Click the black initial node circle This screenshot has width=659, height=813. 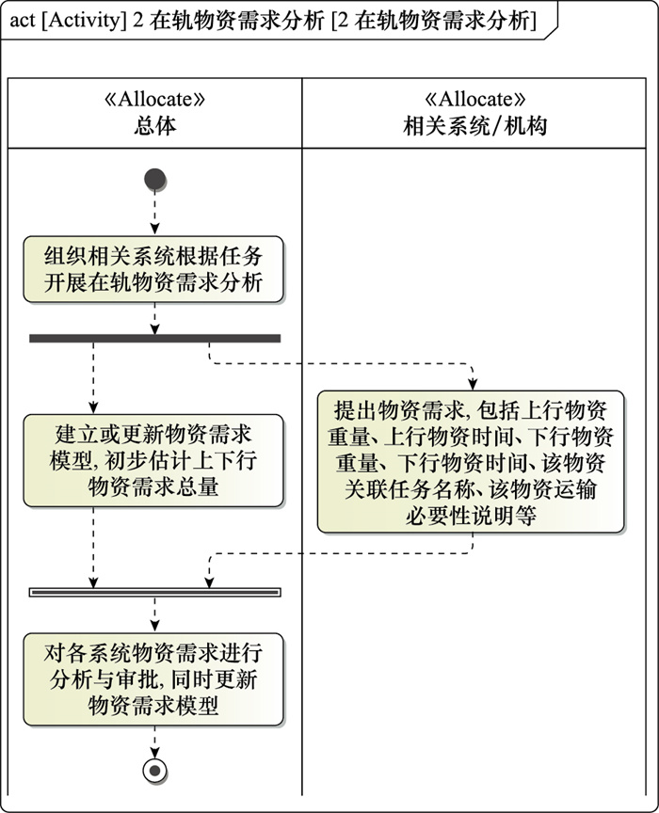coord(154,180)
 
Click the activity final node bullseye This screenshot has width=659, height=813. coord(154,771)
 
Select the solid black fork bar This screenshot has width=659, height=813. coord(154,339)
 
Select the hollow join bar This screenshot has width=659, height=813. coord(154,592)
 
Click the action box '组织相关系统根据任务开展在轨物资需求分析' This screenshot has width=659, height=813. coord(153,270)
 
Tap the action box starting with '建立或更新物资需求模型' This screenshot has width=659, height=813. coord(153,460)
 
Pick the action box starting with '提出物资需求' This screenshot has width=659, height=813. coord(471,462)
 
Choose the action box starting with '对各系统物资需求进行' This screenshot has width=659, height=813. coord(153,679)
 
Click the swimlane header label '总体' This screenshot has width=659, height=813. coord(154,126)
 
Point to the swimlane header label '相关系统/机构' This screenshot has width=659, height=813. coord(474,126)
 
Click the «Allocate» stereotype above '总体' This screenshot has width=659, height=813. coord(154,99)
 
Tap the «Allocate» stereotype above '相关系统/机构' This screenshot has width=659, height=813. coord(474,99)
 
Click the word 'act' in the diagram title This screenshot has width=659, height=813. coord(23,21)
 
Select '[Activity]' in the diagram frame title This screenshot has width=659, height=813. coord(83,21)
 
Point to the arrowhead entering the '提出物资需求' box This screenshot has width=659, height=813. coord(473,384)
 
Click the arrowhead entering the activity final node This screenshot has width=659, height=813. coord(154,753)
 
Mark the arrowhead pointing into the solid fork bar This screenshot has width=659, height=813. coord(154,328)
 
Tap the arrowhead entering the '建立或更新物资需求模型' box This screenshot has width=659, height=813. coord(93,407)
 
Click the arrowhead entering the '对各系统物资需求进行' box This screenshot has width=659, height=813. coord(154,627)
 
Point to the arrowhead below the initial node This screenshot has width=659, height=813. coord(154,230)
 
